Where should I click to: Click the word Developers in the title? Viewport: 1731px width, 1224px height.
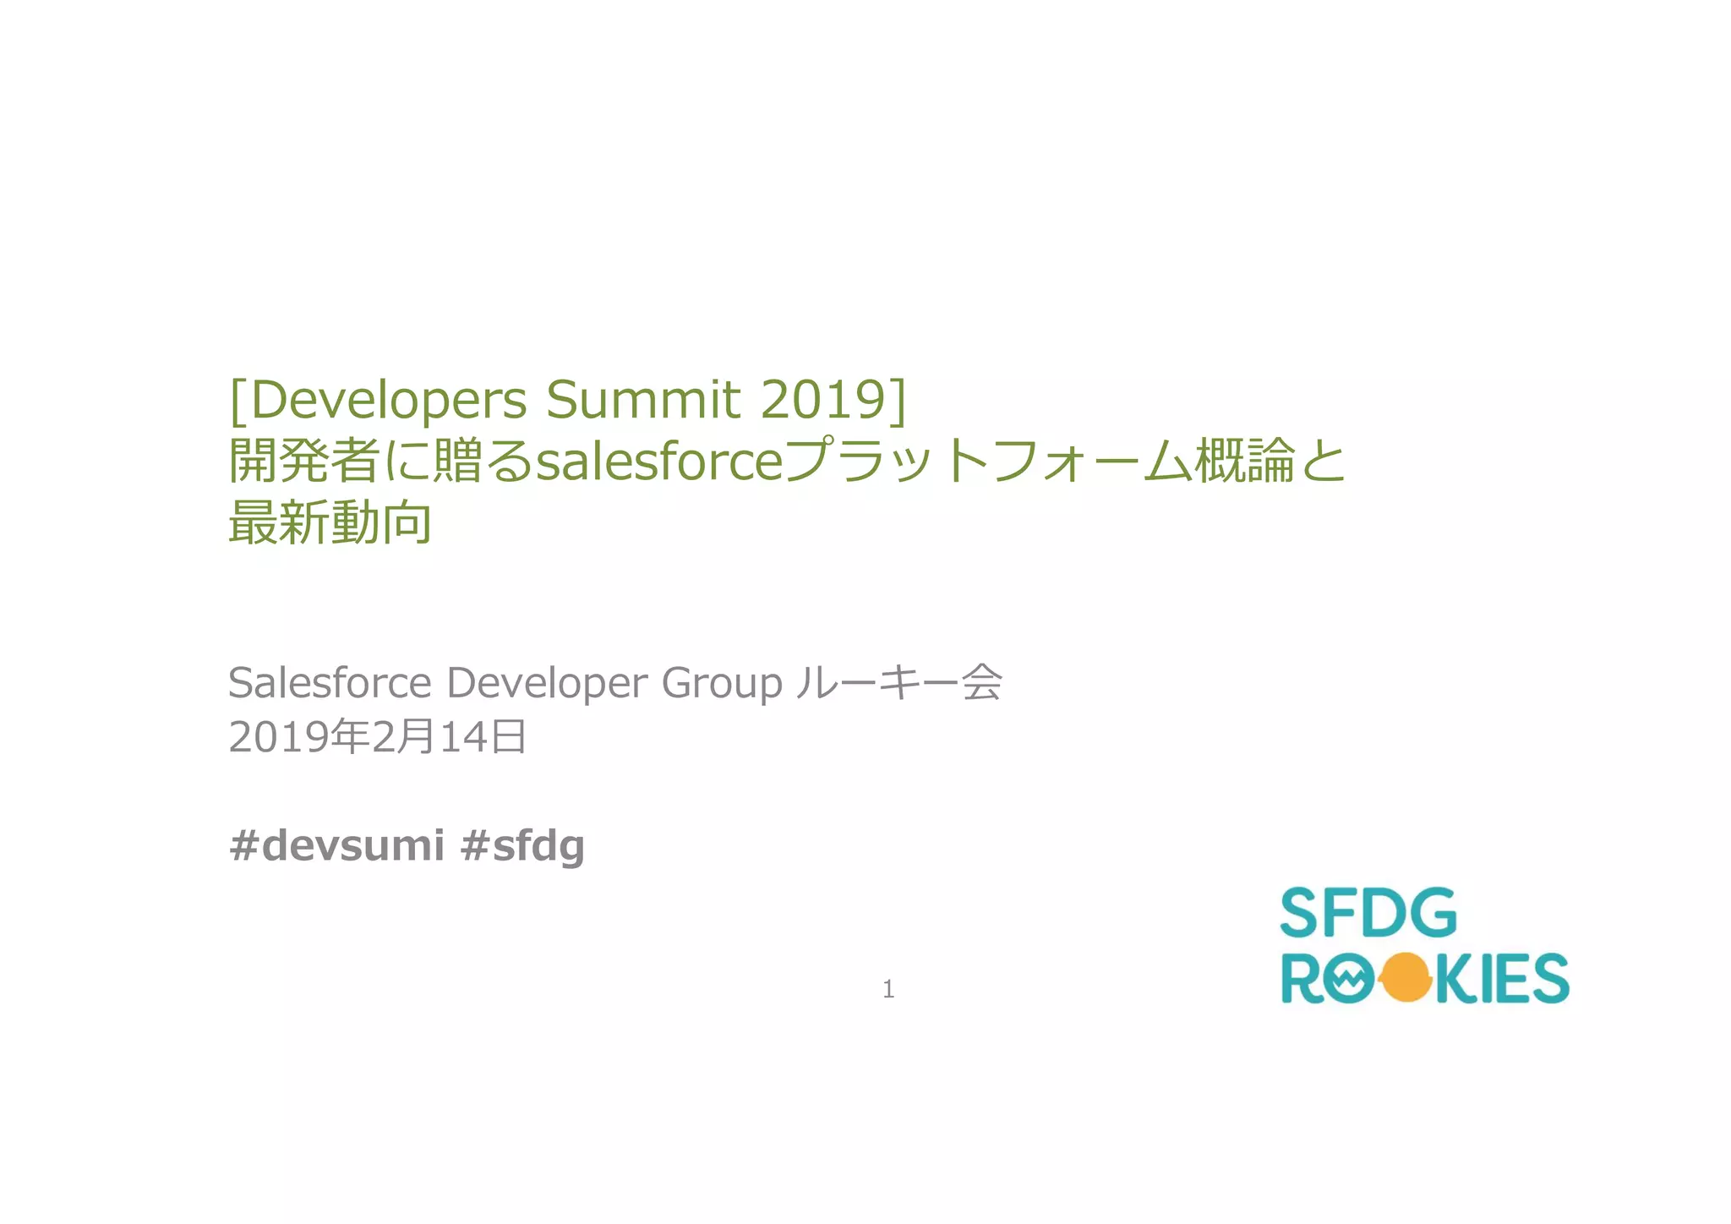pyautogui.click(x=390, y=400)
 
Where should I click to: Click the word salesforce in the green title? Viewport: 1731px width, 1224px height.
pyautogui.click(x=660, y=462)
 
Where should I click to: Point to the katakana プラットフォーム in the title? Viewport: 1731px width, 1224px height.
pyautogui.click(x=988, y=462)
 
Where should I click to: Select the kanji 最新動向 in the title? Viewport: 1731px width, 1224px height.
pyautogui.click(x=330, y=522)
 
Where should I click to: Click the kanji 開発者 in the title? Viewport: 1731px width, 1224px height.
pyautogui.click(x=304, y=462)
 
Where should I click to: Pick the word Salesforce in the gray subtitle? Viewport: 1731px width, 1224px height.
pyautogui.click(x=330, y=682)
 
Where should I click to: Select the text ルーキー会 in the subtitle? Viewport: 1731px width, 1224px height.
pyautogui.click(x=898, y=682)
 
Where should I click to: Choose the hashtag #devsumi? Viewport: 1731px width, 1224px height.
pyautogui.click(x=336, y=844)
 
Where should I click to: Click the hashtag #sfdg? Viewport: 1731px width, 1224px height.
pyautogui.click(x=522, y=845)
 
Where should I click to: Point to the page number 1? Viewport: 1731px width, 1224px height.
pyautogui.click(x=888, y=988)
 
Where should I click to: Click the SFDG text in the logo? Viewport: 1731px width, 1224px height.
pyautogui.click(x=1368, y=913)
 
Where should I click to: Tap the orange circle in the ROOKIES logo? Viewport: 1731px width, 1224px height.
pyautogui.click(x=1404, y=978)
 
